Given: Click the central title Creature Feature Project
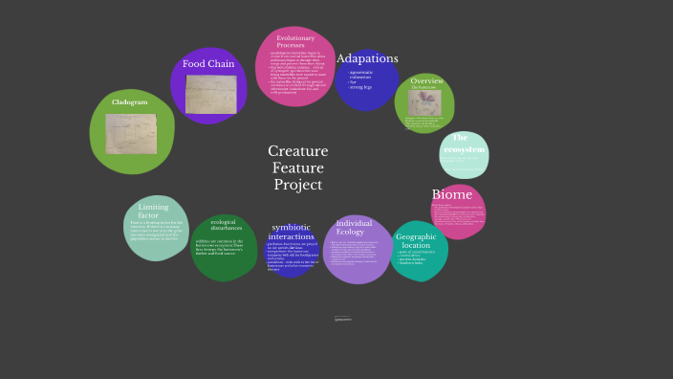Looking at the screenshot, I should tap(298, 167).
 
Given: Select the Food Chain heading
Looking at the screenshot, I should tap(208, 64).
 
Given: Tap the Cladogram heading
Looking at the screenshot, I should tap(129, 101).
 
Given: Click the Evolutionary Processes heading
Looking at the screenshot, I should tap(295, 41).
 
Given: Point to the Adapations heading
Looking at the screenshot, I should tap(367, 58).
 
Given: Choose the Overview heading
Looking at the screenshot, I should tap(426, 81).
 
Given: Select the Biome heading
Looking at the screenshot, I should tap(452, 195).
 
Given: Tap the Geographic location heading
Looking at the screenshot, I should tap(416, 241).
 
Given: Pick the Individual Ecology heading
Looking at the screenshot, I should tap(355, 228).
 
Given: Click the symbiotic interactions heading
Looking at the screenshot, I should tap(292, 232).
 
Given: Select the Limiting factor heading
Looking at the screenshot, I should tap(153, 211).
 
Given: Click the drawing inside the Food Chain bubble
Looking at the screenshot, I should tap(210, 93).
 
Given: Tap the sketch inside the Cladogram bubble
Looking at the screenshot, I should tap(131, 134).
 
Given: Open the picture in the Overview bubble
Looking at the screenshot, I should tap(424, 102).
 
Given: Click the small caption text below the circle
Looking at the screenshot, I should tap(343, 319).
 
